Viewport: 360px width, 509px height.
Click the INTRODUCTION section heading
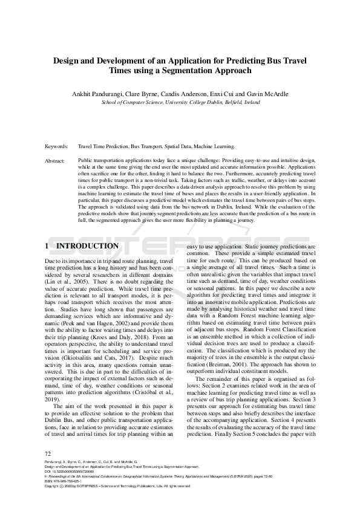pos(87,247)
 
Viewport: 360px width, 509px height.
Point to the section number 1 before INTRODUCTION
pos(47,247)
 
